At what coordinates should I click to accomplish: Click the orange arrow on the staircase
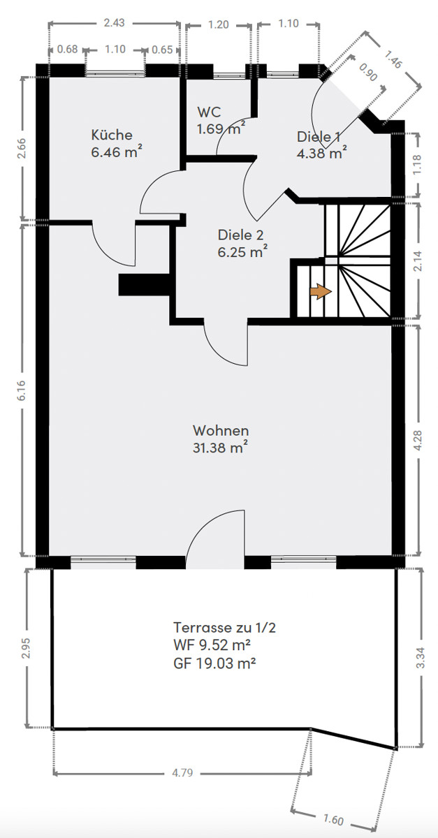[321, 291]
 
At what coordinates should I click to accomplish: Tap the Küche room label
[112, 135]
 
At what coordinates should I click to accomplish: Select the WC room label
[210, 112]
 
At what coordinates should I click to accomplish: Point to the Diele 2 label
[241, 235]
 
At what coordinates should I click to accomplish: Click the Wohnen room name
[221, 431]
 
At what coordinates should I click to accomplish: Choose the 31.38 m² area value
[220, 448]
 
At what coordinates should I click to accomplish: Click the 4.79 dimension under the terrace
[182, 772]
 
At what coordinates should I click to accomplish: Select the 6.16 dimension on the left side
[22, 390]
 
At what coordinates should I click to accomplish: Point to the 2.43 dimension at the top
[114, 23]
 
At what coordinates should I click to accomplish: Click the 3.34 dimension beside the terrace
[421, 657]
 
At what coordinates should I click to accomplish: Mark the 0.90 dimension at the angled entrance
[367, 73]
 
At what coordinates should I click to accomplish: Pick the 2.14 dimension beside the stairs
[418, 260]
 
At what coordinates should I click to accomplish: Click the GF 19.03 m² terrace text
[214, 663]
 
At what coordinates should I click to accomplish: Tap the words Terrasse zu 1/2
[224, 627]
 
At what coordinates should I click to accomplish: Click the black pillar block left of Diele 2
[145, 285]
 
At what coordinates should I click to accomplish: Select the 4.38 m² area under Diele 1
[321, 154]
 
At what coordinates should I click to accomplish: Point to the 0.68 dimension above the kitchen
[67, 49]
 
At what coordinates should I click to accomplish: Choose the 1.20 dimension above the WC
[218, 24]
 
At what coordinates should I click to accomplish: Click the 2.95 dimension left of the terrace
[26, 647]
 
